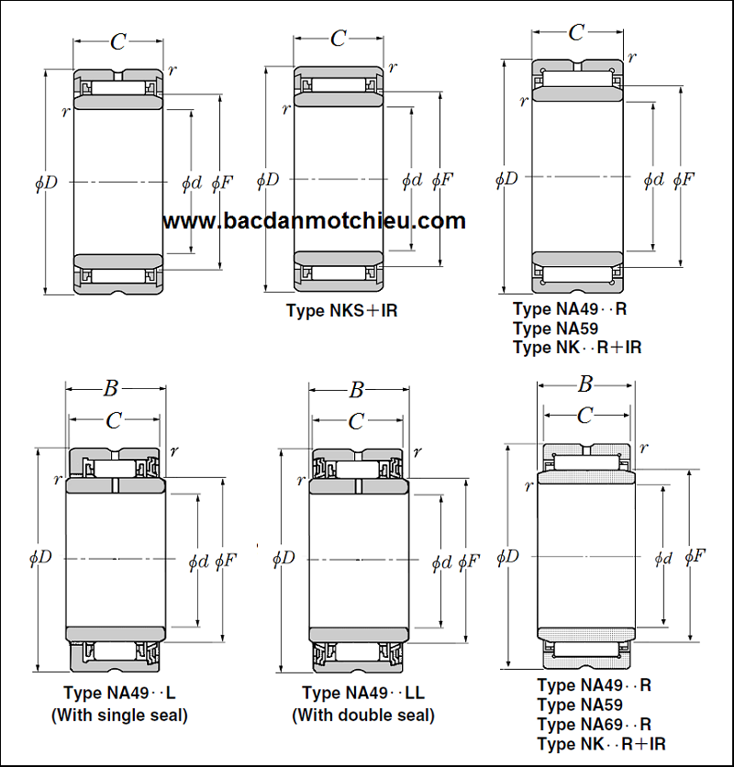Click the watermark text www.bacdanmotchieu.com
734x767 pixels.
(314, 221)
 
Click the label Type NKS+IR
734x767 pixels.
(341, 310)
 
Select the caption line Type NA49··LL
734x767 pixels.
(363, 694)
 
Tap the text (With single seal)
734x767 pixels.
(119, 715)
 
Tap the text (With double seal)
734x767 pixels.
(363, 715)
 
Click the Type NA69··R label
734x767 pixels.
(594, 724)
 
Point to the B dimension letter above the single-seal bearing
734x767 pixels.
(110, 389)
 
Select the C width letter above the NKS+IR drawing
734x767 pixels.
(339, 39)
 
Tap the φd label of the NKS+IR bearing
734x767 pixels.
(412, 181)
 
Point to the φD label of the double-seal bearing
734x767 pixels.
(284, 558)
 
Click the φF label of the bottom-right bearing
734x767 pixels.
(695, 555)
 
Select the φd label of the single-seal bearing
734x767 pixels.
(198, 561)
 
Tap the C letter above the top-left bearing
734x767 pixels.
(118, 41)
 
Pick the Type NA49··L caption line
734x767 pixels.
(119, 693)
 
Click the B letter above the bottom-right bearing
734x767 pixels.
(585, 384)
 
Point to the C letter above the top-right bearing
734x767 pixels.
(576, 33)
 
